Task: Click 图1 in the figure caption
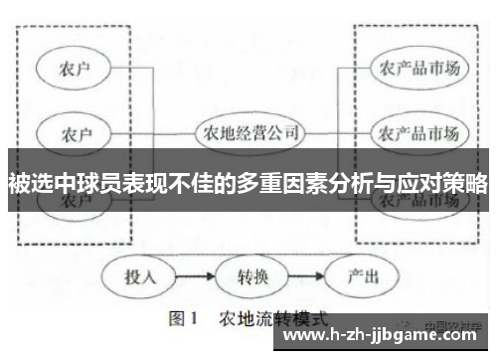click(186, 321)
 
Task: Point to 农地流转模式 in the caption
click(272, 321)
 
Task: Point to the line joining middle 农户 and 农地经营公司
click(150, 132)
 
